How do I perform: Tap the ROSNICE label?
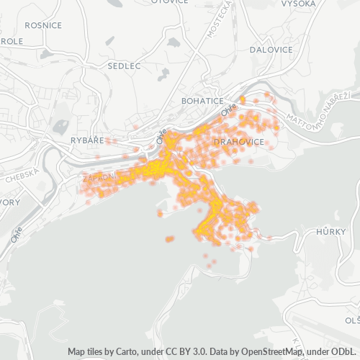point(42,25)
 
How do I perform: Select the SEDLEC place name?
point(124,66)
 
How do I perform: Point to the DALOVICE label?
point(271,50)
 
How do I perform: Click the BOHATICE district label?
point(202,101)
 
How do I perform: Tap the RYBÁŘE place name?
point(88,140)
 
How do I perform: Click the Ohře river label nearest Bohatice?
point(228,110)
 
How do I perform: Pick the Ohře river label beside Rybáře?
point(163,135)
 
